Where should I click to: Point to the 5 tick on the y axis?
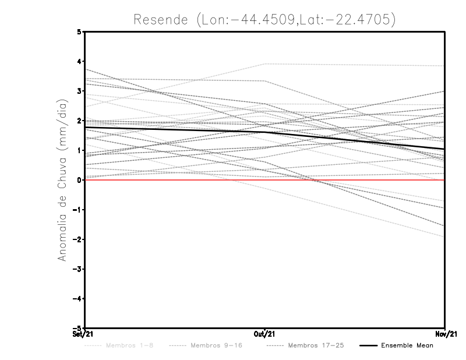pyautogui.click(x=80, y=32)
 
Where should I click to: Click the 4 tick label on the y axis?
pyautogui.click(x=80, y=62)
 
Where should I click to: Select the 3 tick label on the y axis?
pyautogui.click(x=80, y=91)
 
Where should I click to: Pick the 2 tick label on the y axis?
pyautogui.click(x=80, y=121)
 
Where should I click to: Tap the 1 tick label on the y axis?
pyautogui.click(x=80, y=150)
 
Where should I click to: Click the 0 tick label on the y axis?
pyautogui.click(x=80, y=180)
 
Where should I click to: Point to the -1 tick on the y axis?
pyautogui.click(x=78, y=210)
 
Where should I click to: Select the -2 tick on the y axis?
pyautogui.click(x=78, y=239)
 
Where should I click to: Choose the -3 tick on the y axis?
pyautogui.click(x=78, y=269)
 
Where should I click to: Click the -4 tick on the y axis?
pyautogui.click(x=78, y=299)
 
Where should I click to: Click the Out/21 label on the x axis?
pyautogui.click(x=265, y=334)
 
